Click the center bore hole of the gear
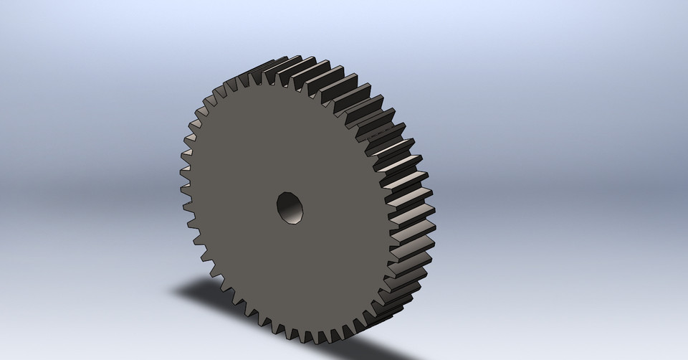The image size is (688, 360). tap(291, 208)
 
